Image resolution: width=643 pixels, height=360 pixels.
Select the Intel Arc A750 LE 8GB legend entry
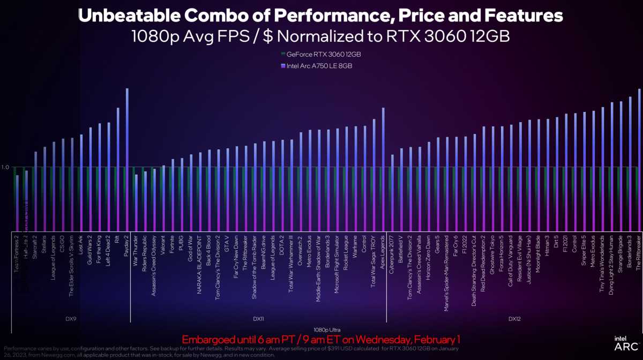point(316,65)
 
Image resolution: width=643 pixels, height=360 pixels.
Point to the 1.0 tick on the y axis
point(5,167)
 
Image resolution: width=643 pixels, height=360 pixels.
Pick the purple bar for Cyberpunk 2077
point(393,192)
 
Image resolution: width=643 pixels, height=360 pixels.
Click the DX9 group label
point(70,319)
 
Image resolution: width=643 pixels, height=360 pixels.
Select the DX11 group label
point(258,319)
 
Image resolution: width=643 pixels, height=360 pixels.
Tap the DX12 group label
point(514,319)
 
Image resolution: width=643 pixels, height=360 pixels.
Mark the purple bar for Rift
point(118,169)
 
